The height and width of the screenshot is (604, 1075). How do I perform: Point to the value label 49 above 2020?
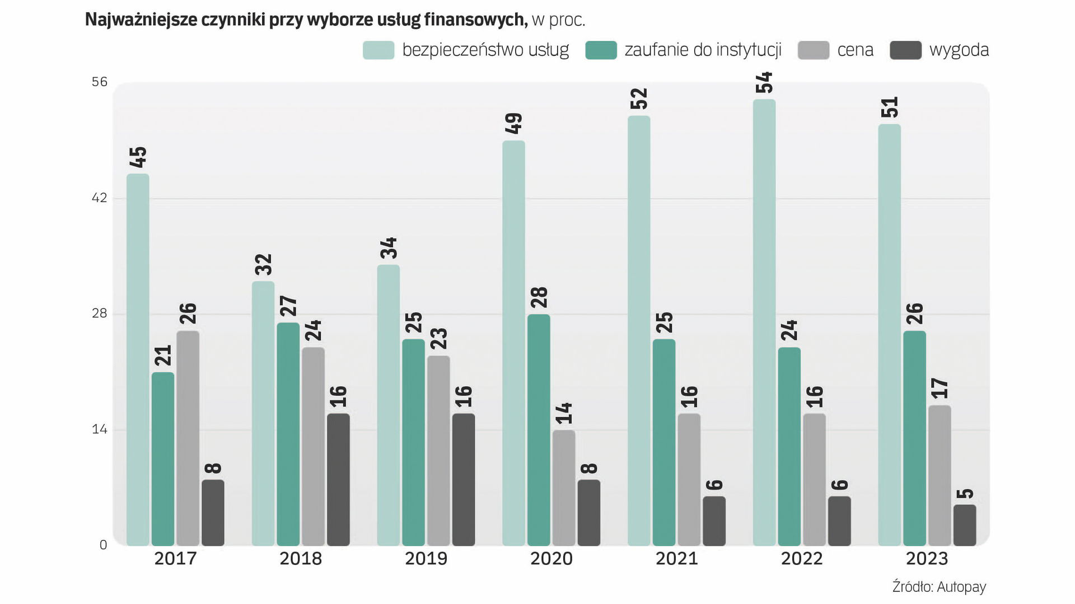513,123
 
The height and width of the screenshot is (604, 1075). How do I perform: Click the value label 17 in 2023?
940,388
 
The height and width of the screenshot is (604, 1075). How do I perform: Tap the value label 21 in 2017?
163,355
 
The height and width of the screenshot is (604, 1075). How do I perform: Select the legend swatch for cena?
813,50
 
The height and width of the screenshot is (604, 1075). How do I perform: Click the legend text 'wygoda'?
959,50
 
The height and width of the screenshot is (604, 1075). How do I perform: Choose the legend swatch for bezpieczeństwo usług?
378,50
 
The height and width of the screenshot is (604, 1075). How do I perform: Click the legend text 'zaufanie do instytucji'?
703,50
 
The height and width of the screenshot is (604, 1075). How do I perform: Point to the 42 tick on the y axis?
99,198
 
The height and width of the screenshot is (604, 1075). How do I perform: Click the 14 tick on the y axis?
99,429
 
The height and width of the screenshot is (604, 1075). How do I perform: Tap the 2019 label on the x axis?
426,559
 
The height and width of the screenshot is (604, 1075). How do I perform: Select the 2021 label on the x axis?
676,559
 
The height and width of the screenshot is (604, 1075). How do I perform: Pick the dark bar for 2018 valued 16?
338,480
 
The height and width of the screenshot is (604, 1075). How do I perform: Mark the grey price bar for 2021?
689,480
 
